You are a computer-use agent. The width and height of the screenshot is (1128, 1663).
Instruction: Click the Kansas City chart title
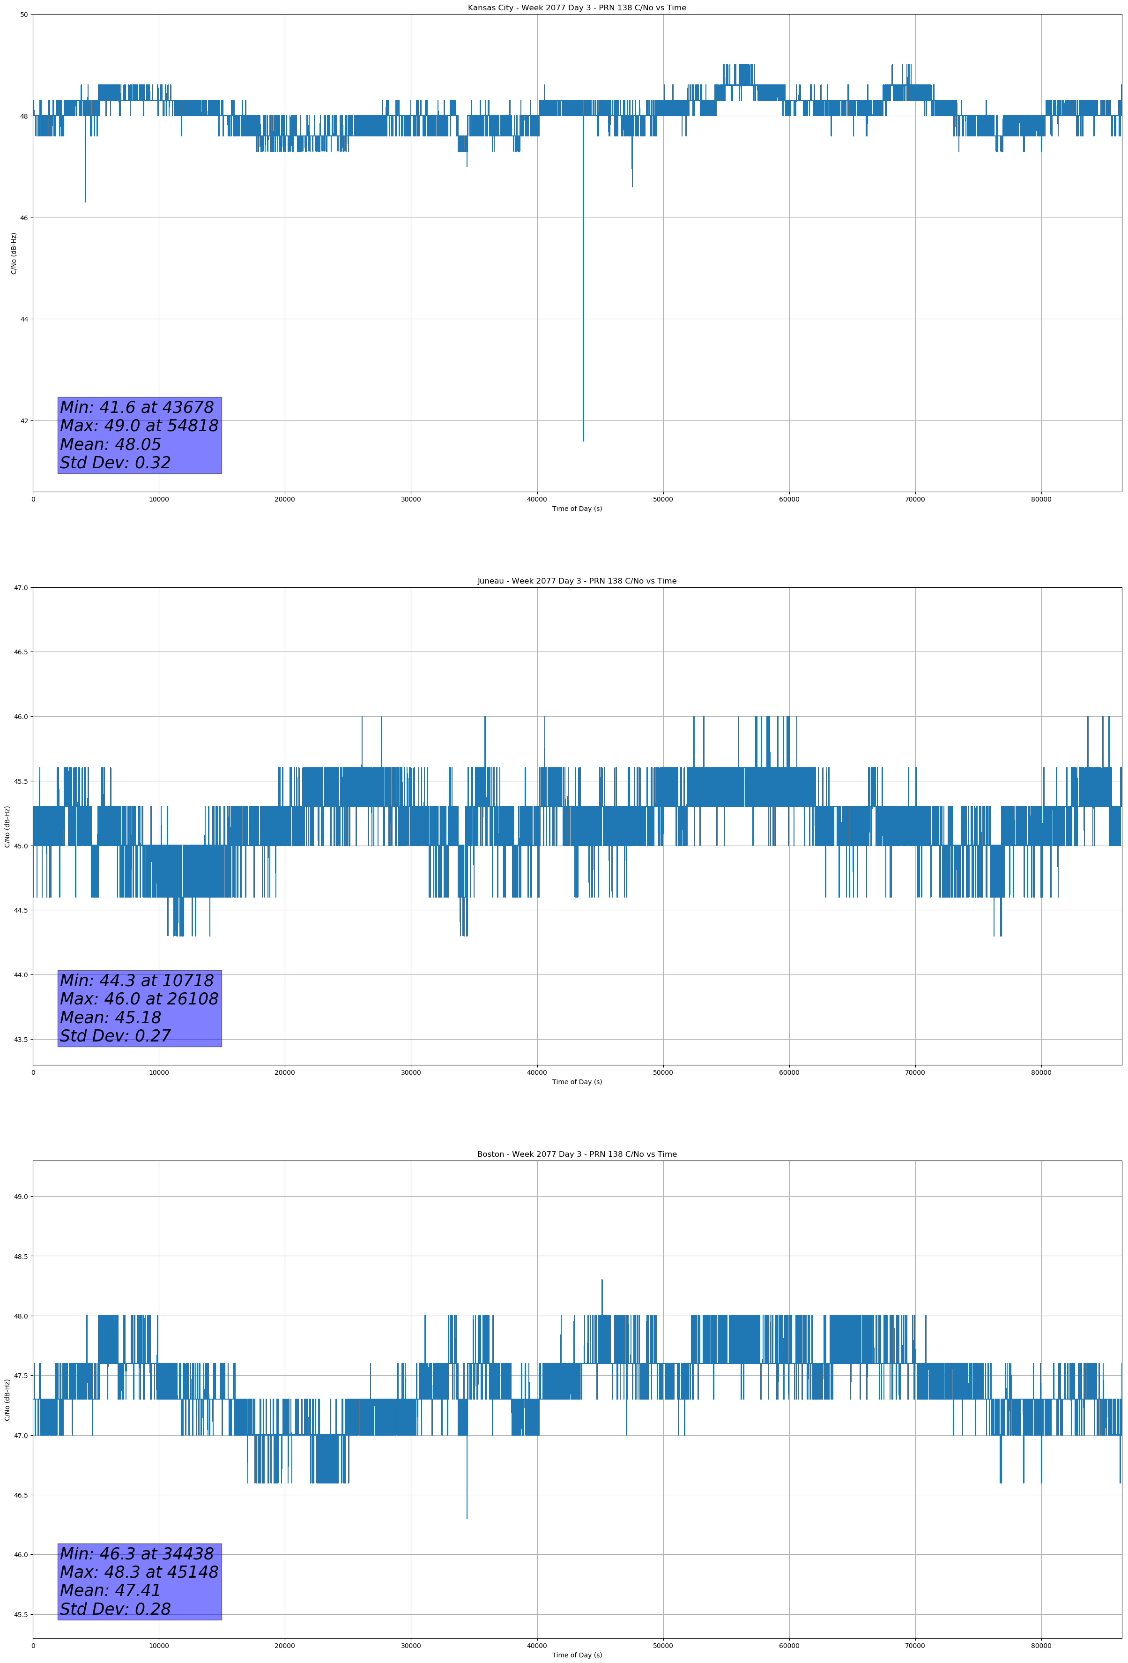pyautogui.click(x=577, y=8)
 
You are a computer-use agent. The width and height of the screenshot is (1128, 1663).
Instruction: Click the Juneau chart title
pyautogui.click(x=577, y=581)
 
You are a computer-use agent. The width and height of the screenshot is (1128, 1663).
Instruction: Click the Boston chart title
pyautogui.click(x=577, y=1154)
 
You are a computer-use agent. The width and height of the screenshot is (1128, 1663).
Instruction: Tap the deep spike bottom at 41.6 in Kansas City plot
pyautogui.click(x=583, y=439)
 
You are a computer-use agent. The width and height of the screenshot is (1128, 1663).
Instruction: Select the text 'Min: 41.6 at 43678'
pyautogui.click(x=137, y=407)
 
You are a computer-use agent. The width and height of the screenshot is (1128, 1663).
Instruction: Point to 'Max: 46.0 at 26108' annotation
pyautogui.click(x=139, y=999)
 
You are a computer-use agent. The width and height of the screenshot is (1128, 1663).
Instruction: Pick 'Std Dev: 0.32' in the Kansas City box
pyautogui.click(x=115, y=463)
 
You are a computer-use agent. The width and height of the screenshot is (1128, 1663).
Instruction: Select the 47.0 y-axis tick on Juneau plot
pyautogui.click(x=21, y=587)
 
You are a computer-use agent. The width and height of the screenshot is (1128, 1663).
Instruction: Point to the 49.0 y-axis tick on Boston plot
pyautogui.click(x=21, y=1197)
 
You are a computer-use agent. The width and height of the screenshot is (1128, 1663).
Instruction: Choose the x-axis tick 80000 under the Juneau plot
pyautogui.click(x=1041, y=1072)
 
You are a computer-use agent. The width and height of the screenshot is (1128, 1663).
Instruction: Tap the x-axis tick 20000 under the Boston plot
pyautogui.click(x=285, y=1646)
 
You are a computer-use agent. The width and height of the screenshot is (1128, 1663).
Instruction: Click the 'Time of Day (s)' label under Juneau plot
pyautogui.click(x=577, y=1082)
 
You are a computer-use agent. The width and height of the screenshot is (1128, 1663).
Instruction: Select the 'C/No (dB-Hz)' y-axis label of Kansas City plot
pyautogui.click(x=14, y=253)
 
